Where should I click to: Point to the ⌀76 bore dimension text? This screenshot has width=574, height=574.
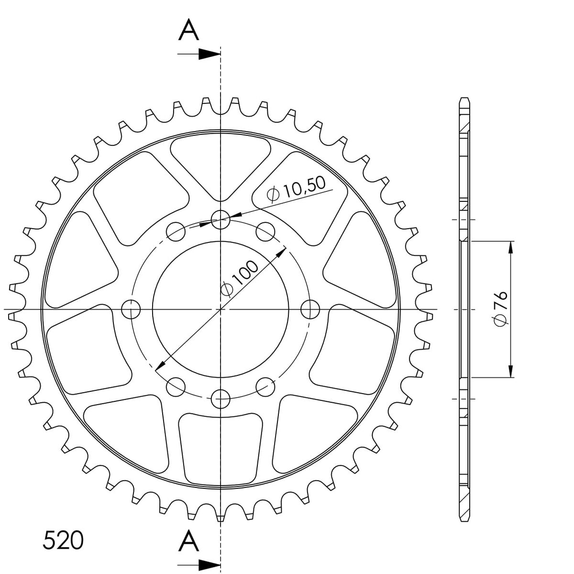coord(501,309)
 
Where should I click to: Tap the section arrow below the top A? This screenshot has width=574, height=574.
coord(199,54)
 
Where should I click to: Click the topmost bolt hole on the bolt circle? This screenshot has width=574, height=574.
coord(221,220)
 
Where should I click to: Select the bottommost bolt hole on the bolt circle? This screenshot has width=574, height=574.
coord(221,399)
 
